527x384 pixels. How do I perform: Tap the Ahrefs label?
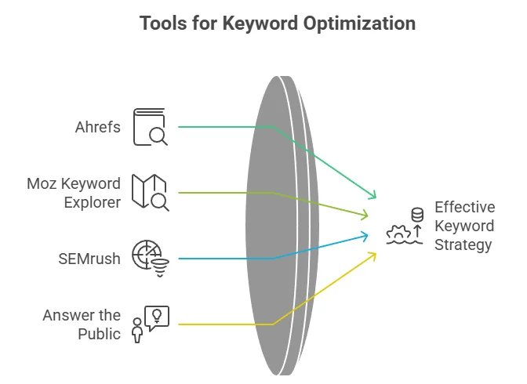(99, 125)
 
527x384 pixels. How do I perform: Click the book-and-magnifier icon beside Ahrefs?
(150, 126)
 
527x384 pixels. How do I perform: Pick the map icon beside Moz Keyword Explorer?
(150, 193)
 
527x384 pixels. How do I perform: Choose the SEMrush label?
(90, 259)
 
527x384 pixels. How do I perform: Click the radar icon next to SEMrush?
(150, 259)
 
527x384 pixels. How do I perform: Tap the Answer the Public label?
(82, 324)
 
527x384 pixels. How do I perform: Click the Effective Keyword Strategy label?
(464, 226)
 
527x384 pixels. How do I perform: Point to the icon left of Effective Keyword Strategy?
(405, 226)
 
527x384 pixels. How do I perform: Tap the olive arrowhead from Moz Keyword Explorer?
(365, 215)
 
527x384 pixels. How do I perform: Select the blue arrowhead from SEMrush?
(365, 235)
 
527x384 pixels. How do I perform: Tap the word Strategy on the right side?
(463, 245)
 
